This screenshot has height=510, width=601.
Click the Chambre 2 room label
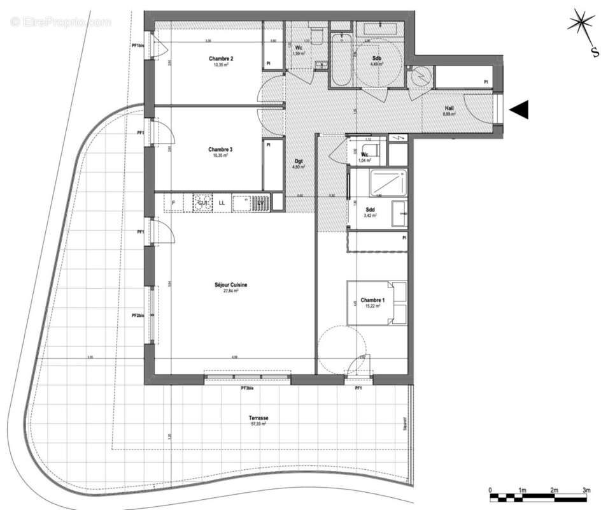[221, 59]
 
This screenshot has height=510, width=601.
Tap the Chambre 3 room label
[221, 150]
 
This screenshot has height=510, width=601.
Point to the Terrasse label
[258, 418]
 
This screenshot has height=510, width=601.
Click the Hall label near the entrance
[449, 108]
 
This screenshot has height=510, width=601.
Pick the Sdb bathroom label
[377, 59]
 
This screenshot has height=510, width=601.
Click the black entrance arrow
[520, 110]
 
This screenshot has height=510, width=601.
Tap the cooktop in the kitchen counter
[203, 203]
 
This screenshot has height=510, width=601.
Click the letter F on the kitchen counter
[173, 203]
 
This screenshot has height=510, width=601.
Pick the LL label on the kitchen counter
[222, 203]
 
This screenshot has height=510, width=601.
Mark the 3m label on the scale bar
[586, 490]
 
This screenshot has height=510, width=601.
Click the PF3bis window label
[247, 388]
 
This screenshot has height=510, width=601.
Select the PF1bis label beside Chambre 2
[138, 46]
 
